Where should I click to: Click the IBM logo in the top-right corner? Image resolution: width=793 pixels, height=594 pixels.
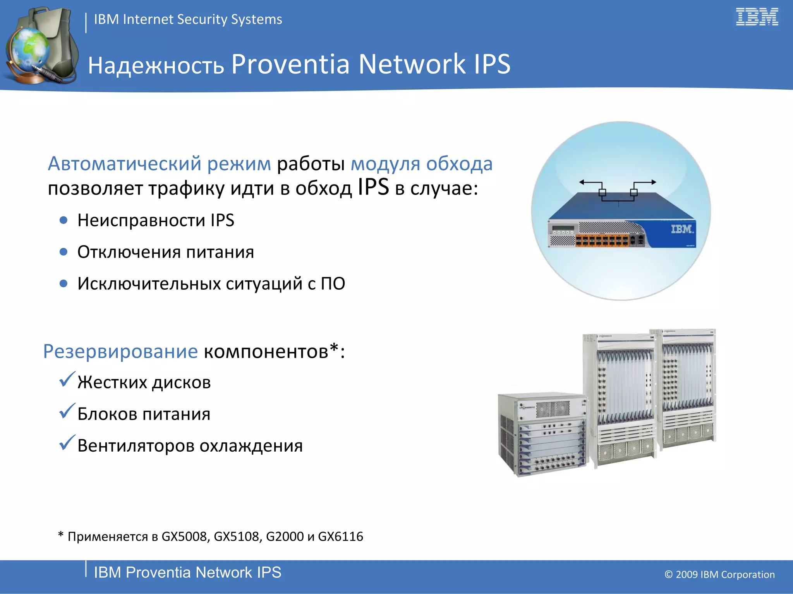pyautogui.click(x=757, y=17)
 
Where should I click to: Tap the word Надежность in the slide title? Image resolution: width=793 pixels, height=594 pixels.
pyautogui.click(x=156, y=65)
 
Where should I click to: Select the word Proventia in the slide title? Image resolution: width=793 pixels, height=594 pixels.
pyautogui.click(x=290, y=64)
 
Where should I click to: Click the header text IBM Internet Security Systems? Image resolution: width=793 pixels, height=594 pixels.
pyautogui.click(x=188, y=19)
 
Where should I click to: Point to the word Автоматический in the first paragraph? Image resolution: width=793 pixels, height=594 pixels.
pyautogui.click(x=124, y=164)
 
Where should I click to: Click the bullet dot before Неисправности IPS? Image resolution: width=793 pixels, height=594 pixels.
pyautogui.click(x=64, y=220)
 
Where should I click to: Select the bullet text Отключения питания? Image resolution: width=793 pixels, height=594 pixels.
pyautogui.click(x=166, y=252)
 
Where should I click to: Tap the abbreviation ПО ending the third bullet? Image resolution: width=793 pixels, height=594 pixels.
pyautogui.click(x=333, y=283)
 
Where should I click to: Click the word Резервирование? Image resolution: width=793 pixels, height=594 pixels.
pyautogui.click(x=120, y=351)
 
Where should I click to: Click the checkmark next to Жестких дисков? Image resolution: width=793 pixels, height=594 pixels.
pyautogui.click(x=67, y=380)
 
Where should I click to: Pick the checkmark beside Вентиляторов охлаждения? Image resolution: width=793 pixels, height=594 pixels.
pyautogui.click(x=67, y=443)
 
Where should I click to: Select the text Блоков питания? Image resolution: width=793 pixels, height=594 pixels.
pyautogui.click(x=144, y=414)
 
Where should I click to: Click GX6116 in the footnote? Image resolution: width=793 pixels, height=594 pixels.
pyautogui.click(x=340, y=537)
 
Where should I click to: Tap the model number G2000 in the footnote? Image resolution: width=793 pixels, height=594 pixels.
pyautogui.click(x=285, y=537)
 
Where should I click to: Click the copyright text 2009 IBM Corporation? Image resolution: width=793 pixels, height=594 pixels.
pyautogui.click(x=719, y=575)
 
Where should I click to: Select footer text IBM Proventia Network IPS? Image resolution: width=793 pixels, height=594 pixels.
pyautogui.click(x=187, y=572)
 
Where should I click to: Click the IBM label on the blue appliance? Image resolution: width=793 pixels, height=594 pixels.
pyautogui.click(x=682, y=229)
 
